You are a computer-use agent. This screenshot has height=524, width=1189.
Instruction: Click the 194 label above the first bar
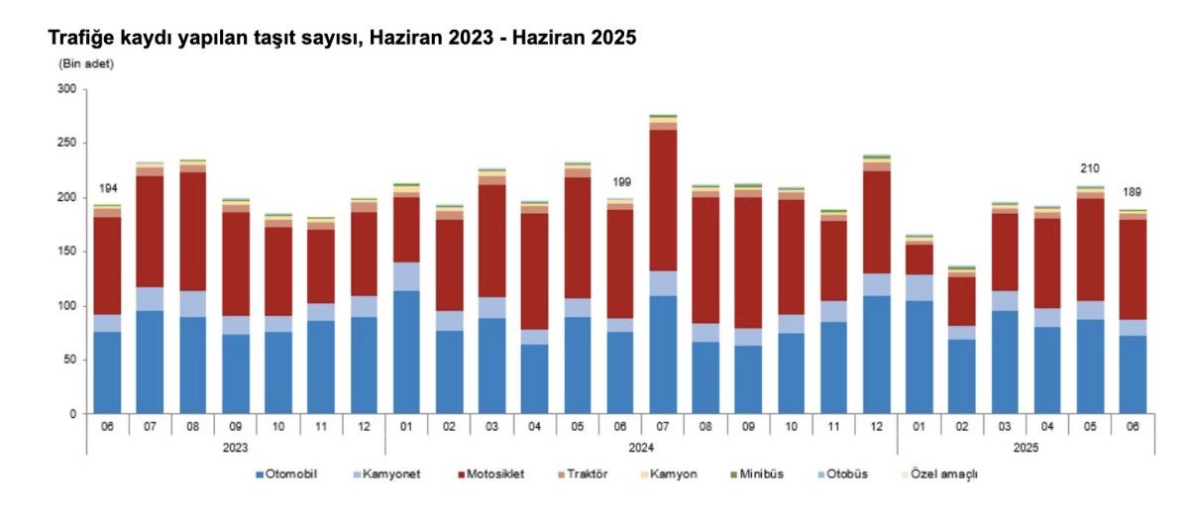click(x=107, y=189)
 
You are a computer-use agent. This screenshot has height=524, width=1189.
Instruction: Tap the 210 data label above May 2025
click(x=1090, y=168)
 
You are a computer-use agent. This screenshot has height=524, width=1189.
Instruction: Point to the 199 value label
click(x=621, y=182)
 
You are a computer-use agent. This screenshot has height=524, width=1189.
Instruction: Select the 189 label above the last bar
click(x=1133, y=192)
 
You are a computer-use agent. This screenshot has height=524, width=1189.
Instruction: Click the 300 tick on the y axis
click(x=67, y=89)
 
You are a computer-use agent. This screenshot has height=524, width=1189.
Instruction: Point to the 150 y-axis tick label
click(x=67, y=252)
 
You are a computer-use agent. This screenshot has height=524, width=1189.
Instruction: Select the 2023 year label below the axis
click(x=235, y=447)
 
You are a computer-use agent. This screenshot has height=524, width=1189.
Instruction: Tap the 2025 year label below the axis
click(x=1026, y=447)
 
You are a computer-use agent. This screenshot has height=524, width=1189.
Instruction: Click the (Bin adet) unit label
click(x=87, y=64)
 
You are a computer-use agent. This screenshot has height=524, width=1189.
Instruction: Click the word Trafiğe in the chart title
click(x=81, y=39)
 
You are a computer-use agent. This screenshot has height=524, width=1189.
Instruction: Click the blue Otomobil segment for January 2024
click(x=406, y=352)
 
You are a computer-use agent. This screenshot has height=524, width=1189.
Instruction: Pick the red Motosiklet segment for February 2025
click(x=962, y=300)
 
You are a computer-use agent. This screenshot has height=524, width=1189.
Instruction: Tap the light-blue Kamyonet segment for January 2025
click(x=919, y=287)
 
